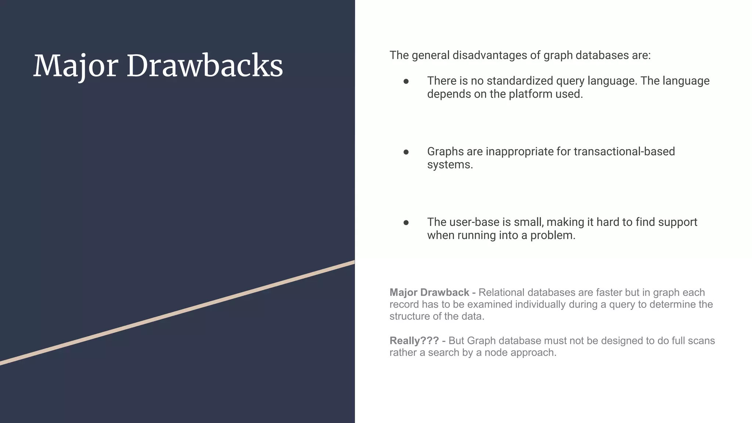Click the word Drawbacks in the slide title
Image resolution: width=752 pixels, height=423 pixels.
click(205, 66)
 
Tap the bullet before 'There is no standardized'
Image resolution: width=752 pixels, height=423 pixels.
click(406, 82)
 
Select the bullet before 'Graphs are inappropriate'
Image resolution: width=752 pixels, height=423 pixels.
click(406, 152)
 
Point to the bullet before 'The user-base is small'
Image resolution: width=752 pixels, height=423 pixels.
click(406, 223)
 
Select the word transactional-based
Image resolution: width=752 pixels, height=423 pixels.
click(624, 152)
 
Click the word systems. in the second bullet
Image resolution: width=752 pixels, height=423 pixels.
click(450, 165)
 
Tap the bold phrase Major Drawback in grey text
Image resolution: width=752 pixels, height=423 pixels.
click(429, 293)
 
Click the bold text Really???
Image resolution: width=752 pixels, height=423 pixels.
click(414, 341)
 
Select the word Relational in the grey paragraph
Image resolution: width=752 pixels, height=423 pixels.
click(502, 293)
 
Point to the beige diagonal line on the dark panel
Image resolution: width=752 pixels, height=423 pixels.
click(176, 313)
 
